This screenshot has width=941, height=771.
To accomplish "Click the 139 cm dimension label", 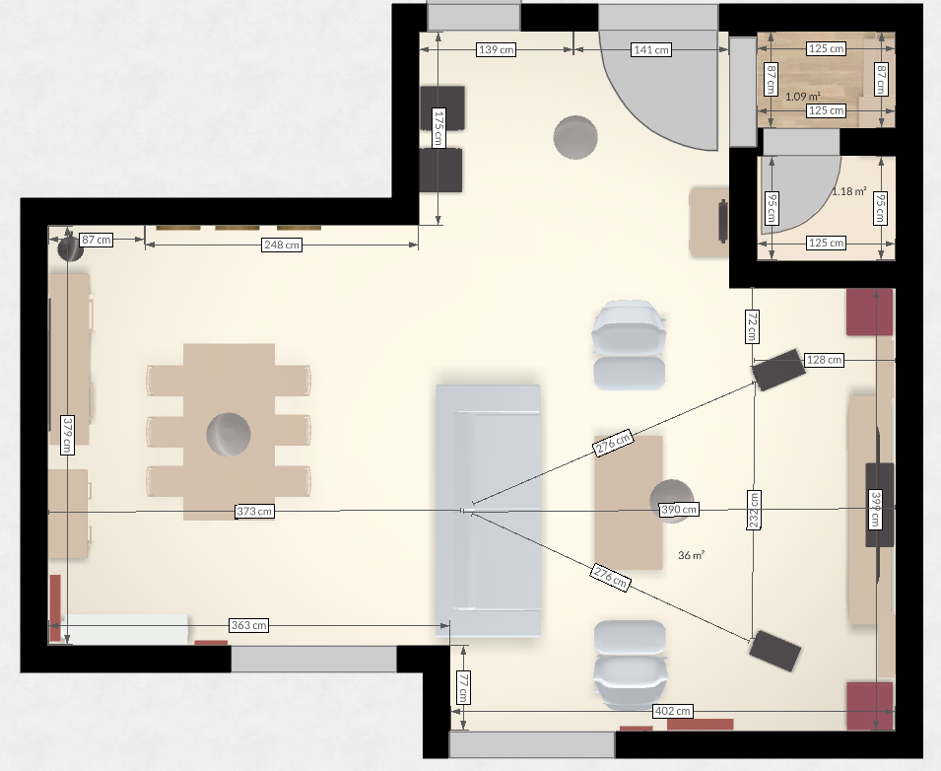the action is pos(496,49).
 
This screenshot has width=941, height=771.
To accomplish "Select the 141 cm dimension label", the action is pos(651,50).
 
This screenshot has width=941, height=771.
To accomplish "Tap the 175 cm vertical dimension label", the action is pos(438,127).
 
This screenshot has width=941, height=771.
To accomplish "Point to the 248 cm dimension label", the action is pos(282,245).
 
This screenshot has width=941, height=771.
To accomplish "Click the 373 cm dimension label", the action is pos(254,511).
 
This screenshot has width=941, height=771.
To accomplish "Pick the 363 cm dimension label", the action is pos(248,625).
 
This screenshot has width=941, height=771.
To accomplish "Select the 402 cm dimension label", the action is pos(672,711).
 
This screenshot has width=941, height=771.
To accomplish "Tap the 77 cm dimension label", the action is pos(463,687).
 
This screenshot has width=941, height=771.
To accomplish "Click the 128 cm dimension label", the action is pos(824,360).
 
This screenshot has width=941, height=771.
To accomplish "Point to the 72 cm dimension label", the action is pos(752,326).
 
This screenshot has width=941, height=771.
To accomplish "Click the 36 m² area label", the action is pos(691,555).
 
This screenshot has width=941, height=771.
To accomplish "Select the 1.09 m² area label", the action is pos(802,96).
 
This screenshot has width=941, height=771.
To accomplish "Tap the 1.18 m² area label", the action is pos(848,191).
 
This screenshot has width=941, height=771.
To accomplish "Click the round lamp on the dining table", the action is pos(228,434).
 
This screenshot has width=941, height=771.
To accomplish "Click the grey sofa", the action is pos(488,511).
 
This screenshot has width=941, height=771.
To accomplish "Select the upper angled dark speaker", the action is pos(778,370).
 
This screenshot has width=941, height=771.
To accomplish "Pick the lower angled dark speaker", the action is pos(774,651).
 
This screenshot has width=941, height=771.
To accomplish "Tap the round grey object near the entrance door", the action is pos(574,137).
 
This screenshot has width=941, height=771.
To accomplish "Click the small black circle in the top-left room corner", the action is pos(70,248).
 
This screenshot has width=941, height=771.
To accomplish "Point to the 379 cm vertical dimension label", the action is pos(67,435).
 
